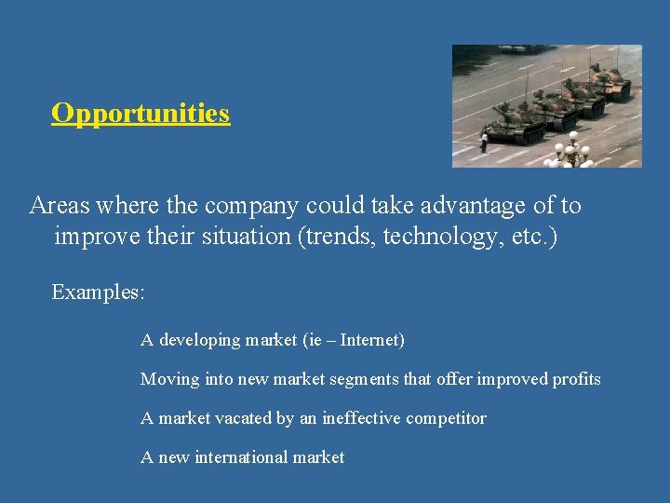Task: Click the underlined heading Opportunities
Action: pos(141,113)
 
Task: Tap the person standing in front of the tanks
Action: pos(484,143)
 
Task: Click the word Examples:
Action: pos(98,292)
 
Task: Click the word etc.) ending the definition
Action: pos(532,237)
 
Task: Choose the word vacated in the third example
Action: pos(245,418)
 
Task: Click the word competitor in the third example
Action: pos(446,418)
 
